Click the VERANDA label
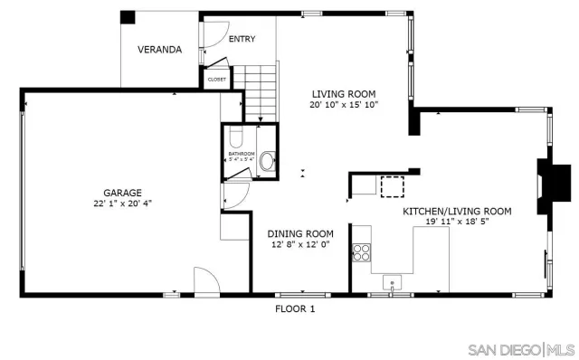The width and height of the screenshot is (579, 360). click(x=158, y=50)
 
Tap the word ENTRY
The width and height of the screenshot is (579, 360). click(x=242, y=39)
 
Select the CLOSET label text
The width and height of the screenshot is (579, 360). click(x=217, y=80)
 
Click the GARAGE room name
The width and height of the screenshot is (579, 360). click(x=121, y=192)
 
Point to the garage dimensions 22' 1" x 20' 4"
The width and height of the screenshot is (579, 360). click(x=121, y=203)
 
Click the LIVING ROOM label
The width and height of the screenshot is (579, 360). click(x=343, y=93)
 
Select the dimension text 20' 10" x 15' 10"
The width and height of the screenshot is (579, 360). click(x=343, y=104)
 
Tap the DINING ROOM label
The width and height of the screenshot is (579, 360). click(x=300, y=233)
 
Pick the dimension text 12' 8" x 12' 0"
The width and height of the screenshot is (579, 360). click(x=300, y=244)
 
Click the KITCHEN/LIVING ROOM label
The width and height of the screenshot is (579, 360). click(x=457, y=211)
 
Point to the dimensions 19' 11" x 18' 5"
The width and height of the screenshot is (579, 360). click(x=457, y=222)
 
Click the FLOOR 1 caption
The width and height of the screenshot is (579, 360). click(x=295, y=308)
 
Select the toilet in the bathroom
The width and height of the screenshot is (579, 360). click(x=235, y=138)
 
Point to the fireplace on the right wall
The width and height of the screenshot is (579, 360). click(x=553, y=181)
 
